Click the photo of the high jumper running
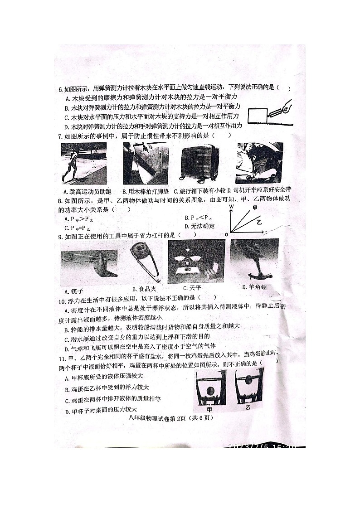[x=83, y=163]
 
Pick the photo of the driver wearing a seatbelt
[x=259, y=163]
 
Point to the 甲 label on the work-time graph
[x=255, y=208]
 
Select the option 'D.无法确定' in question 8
[x=199, y=226]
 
